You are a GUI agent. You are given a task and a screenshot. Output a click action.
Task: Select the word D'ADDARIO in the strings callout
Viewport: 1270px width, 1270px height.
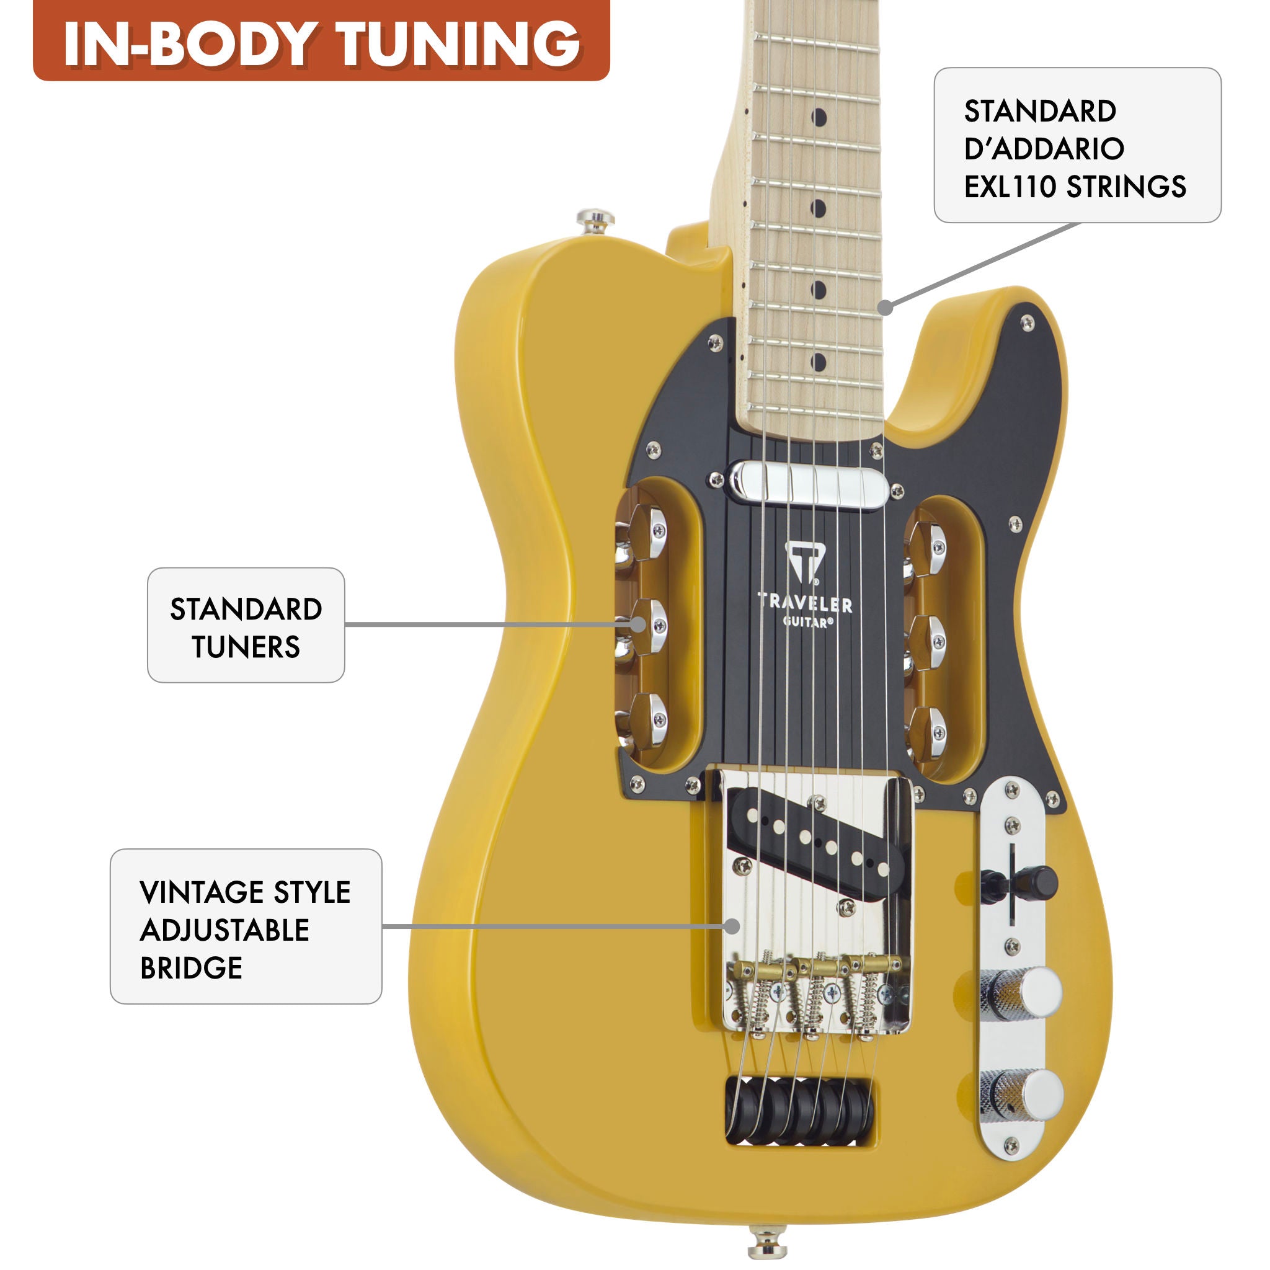pos(1044,149)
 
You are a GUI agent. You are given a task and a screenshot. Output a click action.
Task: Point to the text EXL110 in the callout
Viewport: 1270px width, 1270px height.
pos(1009,187)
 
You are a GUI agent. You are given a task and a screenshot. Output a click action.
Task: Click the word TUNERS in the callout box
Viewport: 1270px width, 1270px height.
pos(246,647)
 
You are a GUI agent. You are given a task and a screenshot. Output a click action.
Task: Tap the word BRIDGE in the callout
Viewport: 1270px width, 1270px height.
pos(191,967)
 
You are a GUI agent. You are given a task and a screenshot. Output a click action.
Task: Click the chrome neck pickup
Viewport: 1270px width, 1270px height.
pos(809,484)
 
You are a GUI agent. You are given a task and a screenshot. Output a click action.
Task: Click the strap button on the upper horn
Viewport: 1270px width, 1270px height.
pos(595,221)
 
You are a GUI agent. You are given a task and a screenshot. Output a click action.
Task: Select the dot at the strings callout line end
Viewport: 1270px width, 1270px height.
pos(886,307)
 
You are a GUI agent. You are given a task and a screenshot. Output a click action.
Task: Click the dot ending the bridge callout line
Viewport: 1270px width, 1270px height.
pos(732,926)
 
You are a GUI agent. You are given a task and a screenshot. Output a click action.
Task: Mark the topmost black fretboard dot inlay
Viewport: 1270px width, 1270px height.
pos(819,118)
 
